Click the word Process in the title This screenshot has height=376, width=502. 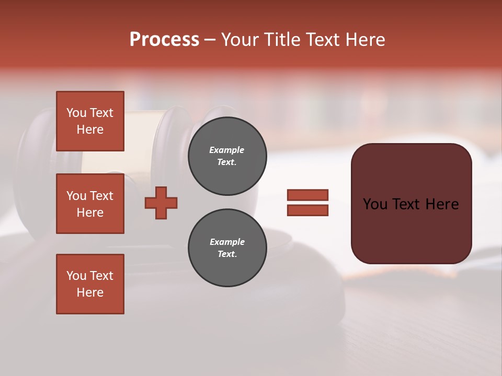(x=164, y=40)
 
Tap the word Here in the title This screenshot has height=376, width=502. (x=365, y=40)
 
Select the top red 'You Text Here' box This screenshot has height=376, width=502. (x=90, y=121)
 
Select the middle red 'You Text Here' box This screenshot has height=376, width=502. (x=90, y=204)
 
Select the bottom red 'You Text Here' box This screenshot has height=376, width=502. (x=90, y=284)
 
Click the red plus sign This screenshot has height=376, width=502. (x=161, y=203)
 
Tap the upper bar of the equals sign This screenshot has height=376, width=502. (x=307, y=195)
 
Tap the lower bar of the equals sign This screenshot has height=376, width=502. (x=307, y=210)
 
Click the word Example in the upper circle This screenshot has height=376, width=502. (x=227, y=150)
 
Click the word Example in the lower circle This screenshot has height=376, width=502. (x=227, y=242)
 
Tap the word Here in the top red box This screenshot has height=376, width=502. (x=90, y=130)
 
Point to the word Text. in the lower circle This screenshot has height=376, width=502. (x=227, y=254)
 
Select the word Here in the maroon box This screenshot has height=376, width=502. (x=442, y=204)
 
